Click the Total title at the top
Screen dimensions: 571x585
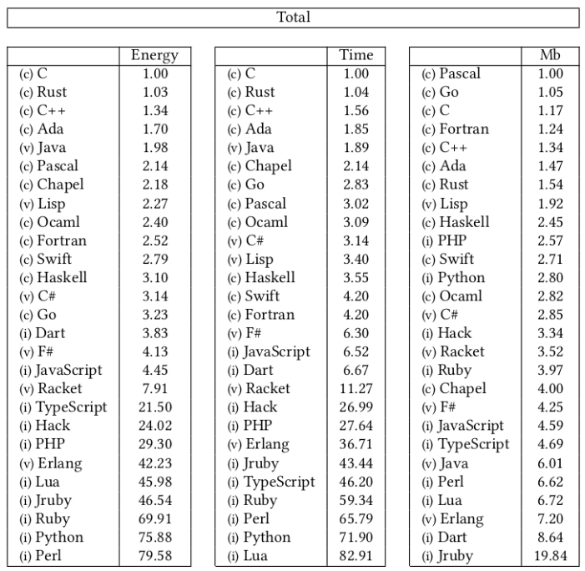click(x=293, y=17)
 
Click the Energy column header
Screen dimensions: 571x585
click(x=154, y=55)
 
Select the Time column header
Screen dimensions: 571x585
click(x=356, y=55)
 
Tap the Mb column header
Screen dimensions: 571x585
click(x=550, y=55)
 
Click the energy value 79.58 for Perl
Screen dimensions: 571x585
click(x=154, y=555)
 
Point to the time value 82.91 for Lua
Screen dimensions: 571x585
click(x=356, y=555)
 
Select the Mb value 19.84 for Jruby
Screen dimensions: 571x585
click(x=550, y=555)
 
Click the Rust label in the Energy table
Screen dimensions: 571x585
click(x=52, y=92)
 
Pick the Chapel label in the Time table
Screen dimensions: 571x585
click(x=268, y=166)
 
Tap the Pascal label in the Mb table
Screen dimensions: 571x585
click(x=460, y=73)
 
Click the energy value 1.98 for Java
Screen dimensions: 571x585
click(x=154, y=148)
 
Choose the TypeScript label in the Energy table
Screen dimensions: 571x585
click(x=71, y=407)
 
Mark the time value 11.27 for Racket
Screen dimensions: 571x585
click(x=356, y=388)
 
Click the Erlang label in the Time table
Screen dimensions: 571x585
click(x=266, y=444)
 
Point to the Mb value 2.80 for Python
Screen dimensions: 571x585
click(x=550, y=277)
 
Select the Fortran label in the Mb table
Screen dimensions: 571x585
click(x=464, y=129)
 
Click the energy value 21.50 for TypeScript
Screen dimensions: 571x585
click(x=154, y=407)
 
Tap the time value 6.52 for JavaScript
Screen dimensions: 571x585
click(x=356, y=351)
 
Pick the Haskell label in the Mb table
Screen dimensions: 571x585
click(x=464, y=222)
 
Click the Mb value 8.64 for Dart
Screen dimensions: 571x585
click(x=550, y=537)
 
